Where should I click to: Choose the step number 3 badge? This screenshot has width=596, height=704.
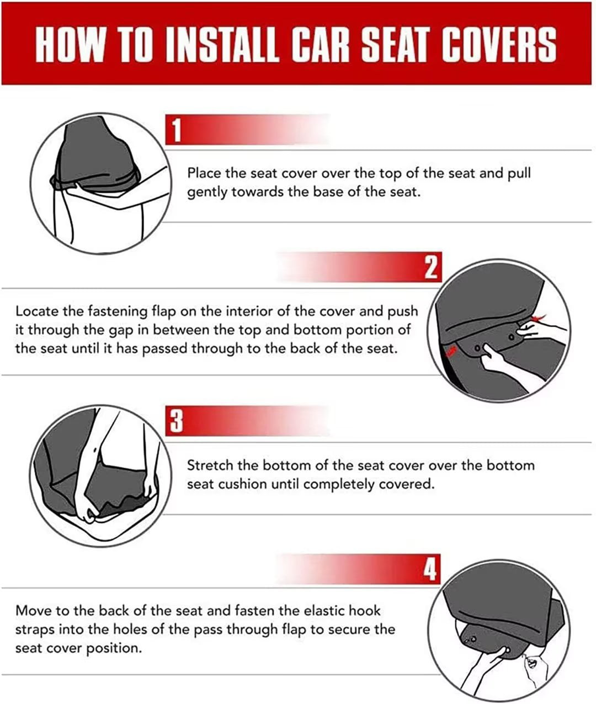coord(176,422)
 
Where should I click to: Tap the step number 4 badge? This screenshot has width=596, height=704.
coord(430,569)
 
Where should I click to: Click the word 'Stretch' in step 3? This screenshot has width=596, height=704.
coord(210,465)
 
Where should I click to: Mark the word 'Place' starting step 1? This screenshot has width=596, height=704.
coord(204,173)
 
